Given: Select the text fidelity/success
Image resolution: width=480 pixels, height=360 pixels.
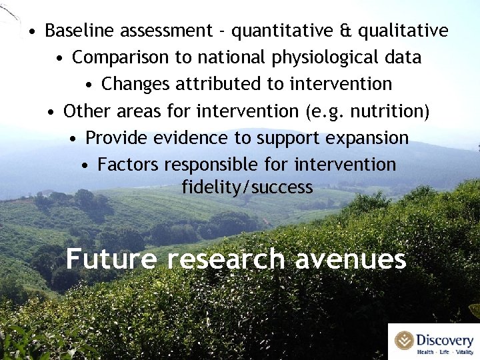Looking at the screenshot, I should click(x=247, y=187).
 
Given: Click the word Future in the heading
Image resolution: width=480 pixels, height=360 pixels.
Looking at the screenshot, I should click(x=111, y=259).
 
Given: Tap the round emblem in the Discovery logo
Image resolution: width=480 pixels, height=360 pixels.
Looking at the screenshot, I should click(x=404, y=340).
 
